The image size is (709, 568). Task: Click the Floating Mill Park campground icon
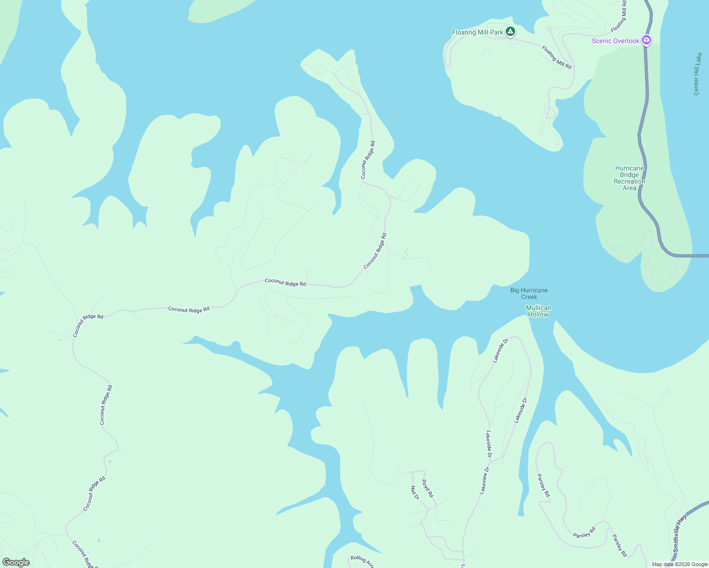pos(510,32)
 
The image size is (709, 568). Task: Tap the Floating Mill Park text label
pos(477,32)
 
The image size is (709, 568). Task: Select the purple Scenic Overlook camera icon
pos(646,40)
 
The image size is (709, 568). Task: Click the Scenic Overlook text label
pos(615,41)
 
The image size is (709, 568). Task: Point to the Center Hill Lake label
pos(697,74)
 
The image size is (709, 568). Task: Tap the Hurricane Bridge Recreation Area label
pos(629,178)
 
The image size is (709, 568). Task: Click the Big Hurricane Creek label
pos(529,293)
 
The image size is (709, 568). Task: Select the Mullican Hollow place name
pos(538,311)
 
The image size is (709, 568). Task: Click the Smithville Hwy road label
pos(679,533)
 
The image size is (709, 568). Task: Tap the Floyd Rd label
pos(427,488)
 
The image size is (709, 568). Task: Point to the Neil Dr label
pos(415,493)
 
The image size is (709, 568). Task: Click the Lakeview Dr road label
pos(484,480)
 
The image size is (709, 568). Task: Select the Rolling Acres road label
pos(363,561)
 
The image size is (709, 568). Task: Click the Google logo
pos(16,562)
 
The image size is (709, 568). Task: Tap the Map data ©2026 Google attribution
pos(680,564)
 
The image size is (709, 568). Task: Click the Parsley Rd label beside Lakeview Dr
pos(543,485)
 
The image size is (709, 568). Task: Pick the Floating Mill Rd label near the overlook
pos(556,57)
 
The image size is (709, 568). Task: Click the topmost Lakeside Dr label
pos(500,350)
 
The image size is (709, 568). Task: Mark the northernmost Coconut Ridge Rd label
pos(368,160)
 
